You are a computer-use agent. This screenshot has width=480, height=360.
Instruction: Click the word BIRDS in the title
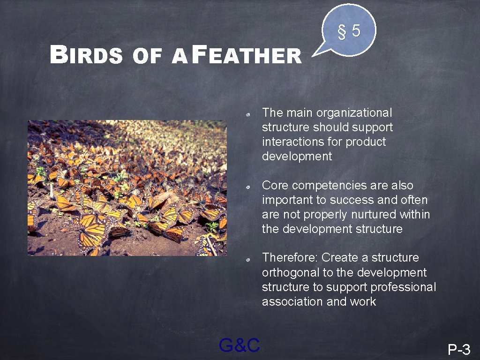tap(86, 55)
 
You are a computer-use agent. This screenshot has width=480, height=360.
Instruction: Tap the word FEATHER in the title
tap(247, 55)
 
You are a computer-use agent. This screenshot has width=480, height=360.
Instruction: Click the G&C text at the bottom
tap(239, 345)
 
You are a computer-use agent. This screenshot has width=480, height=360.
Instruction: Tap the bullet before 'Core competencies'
tap(251, 187)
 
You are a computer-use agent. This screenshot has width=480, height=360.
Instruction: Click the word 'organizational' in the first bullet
tap(354, 112)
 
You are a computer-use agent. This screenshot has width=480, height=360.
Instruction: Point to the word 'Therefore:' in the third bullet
tap(290, 257)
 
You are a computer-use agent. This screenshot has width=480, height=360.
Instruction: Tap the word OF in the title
tap(147, 56)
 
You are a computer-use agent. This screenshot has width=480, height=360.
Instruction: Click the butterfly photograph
tap(127, 187)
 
